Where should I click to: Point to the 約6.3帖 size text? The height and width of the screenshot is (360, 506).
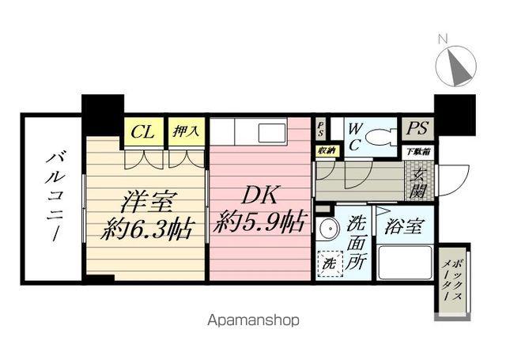click(x=148, y=230)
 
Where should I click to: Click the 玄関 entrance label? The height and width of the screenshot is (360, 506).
click(x=416, y=182)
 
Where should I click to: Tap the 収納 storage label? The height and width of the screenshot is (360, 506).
click(x=326, y=150)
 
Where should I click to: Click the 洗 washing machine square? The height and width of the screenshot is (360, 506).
click(x=327, y=260)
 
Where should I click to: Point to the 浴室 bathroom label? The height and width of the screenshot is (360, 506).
click(x=403, y=227)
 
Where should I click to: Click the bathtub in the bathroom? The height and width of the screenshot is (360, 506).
click(x=404, y=263)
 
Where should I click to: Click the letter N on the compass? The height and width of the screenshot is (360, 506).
click(x=443, y=38)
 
